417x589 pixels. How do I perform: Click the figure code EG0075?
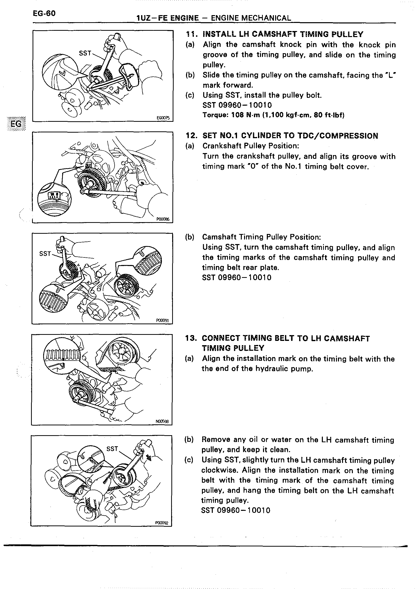[163, 118]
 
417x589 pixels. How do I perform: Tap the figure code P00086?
[163, 219]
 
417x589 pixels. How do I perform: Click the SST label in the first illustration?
[85, 53]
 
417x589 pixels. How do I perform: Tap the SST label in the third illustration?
[45, 254]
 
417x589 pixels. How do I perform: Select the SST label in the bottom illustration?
[112, 449]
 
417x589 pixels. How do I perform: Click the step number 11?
[191, 34]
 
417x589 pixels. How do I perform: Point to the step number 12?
[191, 136]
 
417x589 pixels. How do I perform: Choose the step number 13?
[191, 338]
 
